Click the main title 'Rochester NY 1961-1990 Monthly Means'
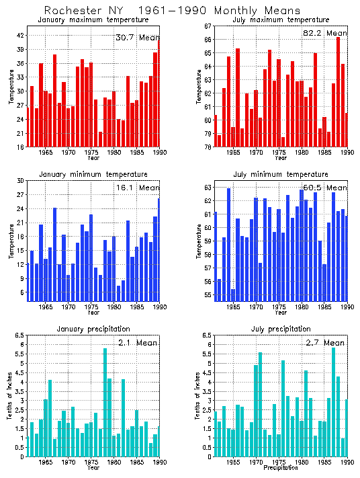[163, 10]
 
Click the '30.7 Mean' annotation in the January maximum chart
[137, 38]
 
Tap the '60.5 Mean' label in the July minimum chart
[324, 188]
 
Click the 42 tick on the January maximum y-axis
[21, 36]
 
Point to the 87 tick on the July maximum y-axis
[208, 26]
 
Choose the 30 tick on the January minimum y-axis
[21, 181]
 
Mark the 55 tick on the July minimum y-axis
[208, 295]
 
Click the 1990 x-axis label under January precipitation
[159, 463]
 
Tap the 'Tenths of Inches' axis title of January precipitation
[11, 397]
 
